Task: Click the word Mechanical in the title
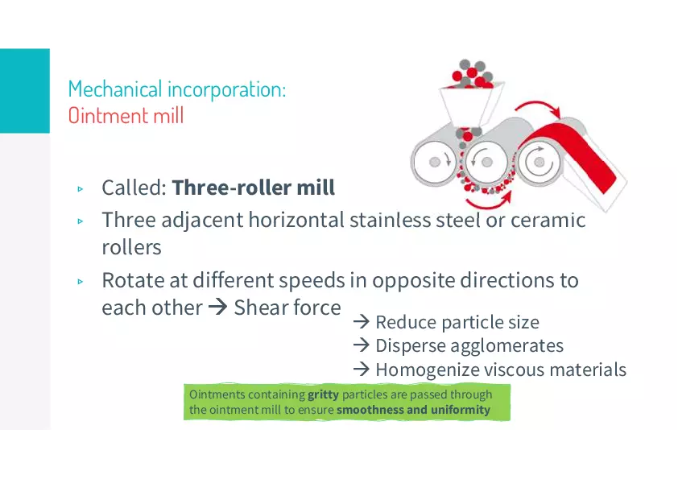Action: click(x=115, y=89)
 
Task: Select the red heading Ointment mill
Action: click(x=126, y=116)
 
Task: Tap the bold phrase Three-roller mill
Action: click(x=254, y=188)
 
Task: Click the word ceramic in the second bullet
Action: click(x=548, y=220)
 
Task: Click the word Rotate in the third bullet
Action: click(x=133, y=280)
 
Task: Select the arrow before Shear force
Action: click(x=217, y=308)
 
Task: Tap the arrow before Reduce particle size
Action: click(x=361, y=322)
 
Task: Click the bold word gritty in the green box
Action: click(x=323, y=394)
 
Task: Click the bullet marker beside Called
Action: click(x=80, y=189)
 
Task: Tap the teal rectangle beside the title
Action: click(x=25, y=91)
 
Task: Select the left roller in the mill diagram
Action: click(x=435, y=162)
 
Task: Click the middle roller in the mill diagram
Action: click(x=486, y=162)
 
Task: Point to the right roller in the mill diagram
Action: click(x=539, y=162)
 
